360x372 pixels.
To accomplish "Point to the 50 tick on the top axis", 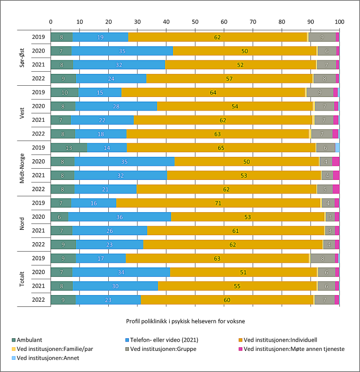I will coord(195,22).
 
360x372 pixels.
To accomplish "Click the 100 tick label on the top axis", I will coord(339,22).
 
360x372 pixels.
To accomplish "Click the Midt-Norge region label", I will coord(22,168).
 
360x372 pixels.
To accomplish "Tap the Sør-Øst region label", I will coord(22,57).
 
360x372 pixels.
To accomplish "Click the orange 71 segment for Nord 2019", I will coord(218,203).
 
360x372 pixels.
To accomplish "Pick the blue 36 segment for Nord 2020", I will coord(120,216).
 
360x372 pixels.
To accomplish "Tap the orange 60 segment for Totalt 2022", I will coord(227,300).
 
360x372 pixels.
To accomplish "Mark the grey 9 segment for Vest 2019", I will coord(320,92).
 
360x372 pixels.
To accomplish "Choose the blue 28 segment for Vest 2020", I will coord(116,106).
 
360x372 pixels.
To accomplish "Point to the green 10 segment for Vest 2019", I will coord(64,92).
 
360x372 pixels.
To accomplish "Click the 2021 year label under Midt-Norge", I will coord(38,175).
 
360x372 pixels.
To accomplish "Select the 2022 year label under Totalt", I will coord(38,300).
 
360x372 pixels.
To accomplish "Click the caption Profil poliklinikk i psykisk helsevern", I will coord(186,321).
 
